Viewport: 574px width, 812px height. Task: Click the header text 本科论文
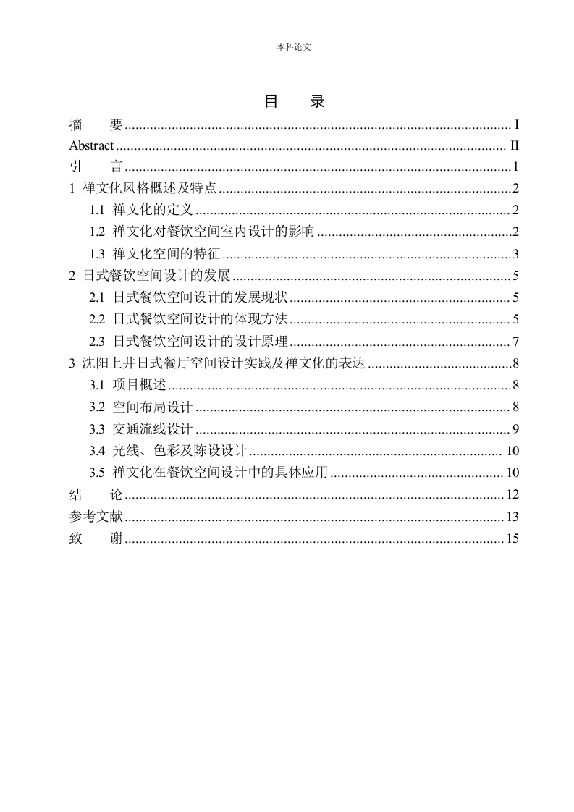tap(294, 46)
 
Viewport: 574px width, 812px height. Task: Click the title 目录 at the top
tap(294, 102)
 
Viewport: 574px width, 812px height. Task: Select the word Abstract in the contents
tap(91, 145)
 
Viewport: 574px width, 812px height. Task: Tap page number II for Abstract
tap(515, 145)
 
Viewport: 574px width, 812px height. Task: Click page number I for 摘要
tap(517, 124)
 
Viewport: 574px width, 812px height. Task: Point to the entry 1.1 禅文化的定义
tap(140, 211)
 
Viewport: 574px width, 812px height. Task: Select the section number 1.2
tap(98, 232)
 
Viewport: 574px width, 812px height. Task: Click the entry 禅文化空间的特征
tap(166, 254)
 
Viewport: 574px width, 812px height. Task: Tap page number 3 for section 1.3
tap(516, 254)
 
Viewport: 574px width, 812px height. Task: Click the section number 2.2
tap(98, 319)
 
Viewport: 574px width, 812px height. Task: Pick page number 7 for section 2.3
tap(516, 342)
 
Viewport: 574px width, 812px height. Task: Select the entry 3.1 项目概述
tap(128, 385)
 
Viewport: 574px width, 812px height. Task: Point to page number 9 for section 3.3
tap(516, 430)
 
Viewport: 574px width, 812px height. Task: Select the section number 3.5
tap(98, 473)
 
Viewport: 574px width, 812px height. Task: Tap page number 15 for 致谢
tap(513, 538)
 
